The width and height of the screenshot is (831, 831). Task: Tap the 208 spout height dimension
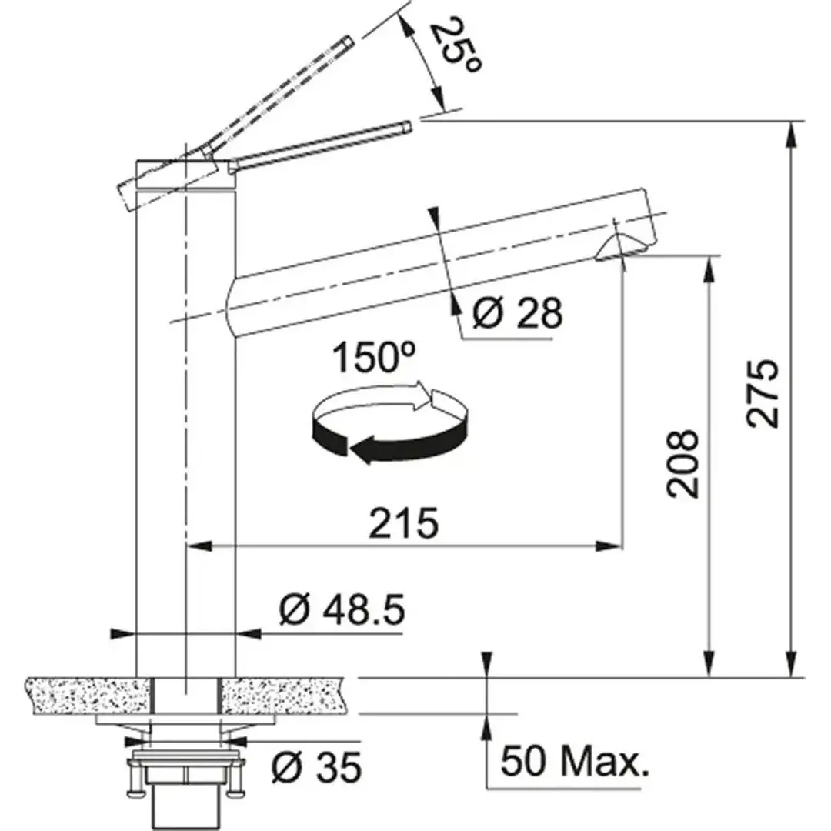(683, 463)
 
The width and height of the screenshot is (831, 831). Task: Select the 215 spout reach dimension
(403, 524)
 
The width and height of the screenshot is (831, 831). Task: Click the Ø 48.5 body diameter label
(341, 611)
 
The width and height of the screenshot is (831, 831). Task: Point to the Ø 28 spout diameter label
(516, 314)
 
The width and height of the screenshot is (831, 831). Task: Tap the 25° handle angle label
(454, 45)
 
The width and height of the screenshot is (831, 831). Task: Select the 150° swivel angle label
(374, 359)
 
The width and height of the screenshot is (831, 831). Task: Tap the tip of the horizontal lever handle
(405, 128)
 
